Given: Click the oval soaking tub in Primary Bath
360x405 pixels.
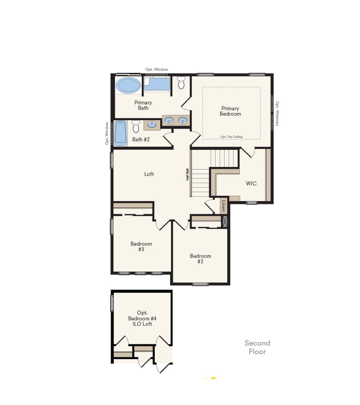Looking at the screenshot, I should [128, 85].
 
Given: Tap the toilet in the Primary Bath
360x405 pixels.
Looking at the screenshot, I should [181, 83].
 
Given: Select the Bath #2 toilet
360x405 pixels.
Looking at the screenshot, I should [136, 126].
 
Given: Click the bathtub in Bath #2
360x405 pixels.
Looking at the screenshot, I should [121, 133].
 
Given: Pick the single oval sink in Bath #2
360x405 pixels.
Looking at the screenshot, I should [152, 124].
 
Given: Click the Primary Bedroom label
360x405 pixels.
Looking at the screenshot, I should [230, 111].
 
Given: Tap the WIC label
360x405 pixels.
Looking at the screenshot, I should [251, 184].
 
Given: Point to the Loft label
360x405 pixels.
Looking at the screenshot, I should [149, 174].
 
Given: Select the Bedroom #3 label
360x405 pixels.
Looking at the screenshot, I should [141, 247].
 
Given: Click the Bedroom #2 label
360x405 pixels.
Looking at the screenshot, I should [200, 259].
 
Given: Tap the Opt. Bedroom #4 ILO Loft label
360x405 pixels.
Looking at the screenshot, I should [142, 318].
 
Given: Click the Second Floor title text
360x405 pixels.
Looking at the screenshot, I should [257, 347].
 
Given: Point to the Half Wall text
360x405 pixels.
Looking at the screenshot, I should [187, 175].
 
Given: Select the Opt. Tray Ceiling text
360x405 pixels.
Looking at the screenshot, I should [231, 137].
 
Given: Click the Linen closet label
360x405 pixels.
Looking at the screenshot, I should [223, 206].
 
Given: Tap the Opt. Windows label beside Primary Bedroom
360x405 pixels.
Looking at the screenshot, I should [277, 113].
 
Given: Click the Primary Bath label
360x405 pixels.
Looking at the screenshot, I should [143, 105].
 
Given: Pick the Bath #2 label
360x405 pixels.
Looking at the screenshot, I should [141, 139].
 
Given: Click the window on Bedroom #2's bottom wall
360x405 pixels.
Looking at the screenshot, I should [200, 284].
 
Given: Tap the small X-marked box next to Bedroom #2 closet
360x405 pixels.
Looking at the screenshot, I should [225, 220].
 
